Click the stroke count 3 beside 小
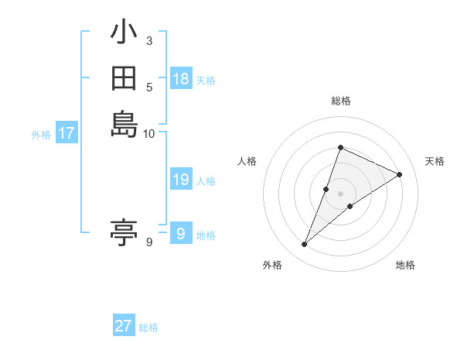149,41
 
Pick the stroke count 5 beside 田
149,86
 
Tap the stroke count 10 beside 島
149,132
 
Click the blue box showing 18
181,79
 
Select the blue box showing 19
181,180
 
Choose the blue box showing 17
67,133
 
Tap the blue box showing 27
124,326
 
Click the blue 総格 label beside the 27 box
148,328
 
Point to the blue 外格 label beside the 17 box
41,135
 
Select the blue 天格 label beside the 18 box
206,81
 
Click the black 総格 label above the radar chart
340,101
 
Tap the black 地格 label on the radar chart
405,265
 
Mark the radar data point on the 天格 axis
400,174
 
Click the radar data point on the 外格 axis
305,245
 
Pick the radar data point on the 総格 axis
340,147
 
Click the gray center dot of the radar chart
340,194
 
